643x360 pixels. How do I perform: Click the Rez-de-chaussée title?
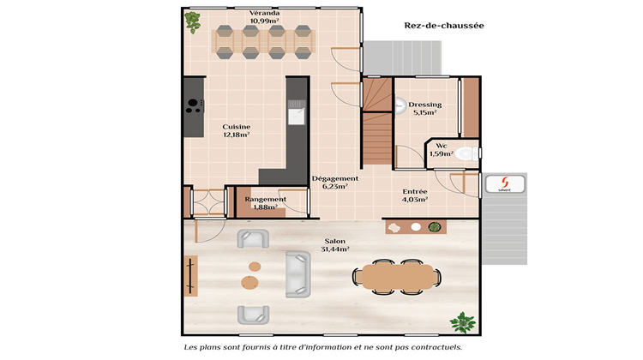[x=444, y=26]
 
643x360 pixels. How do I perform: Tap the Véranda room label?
[x=265, y=17]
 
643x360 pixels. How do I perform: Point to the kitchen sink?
[x=297, y=113]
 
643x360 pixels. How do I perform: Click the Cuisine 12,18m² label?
[x=236, y=130]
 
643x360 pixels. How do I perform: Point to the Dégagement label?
[x=334, y=182]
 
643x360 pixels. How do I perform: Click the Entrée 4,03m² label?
[x=415, y=195]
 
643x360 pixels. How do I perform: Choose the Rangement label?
[x=265, y=202]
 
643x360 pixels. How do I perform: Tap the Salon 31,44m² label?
[x=334, y=245]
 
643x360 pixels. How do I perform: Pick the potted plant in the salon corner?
[x=463, y=322]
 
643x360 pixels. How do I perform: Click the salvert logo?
[x=504, y=184]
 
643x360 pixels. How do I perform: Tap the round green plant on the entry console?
[x=435, y=227]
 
